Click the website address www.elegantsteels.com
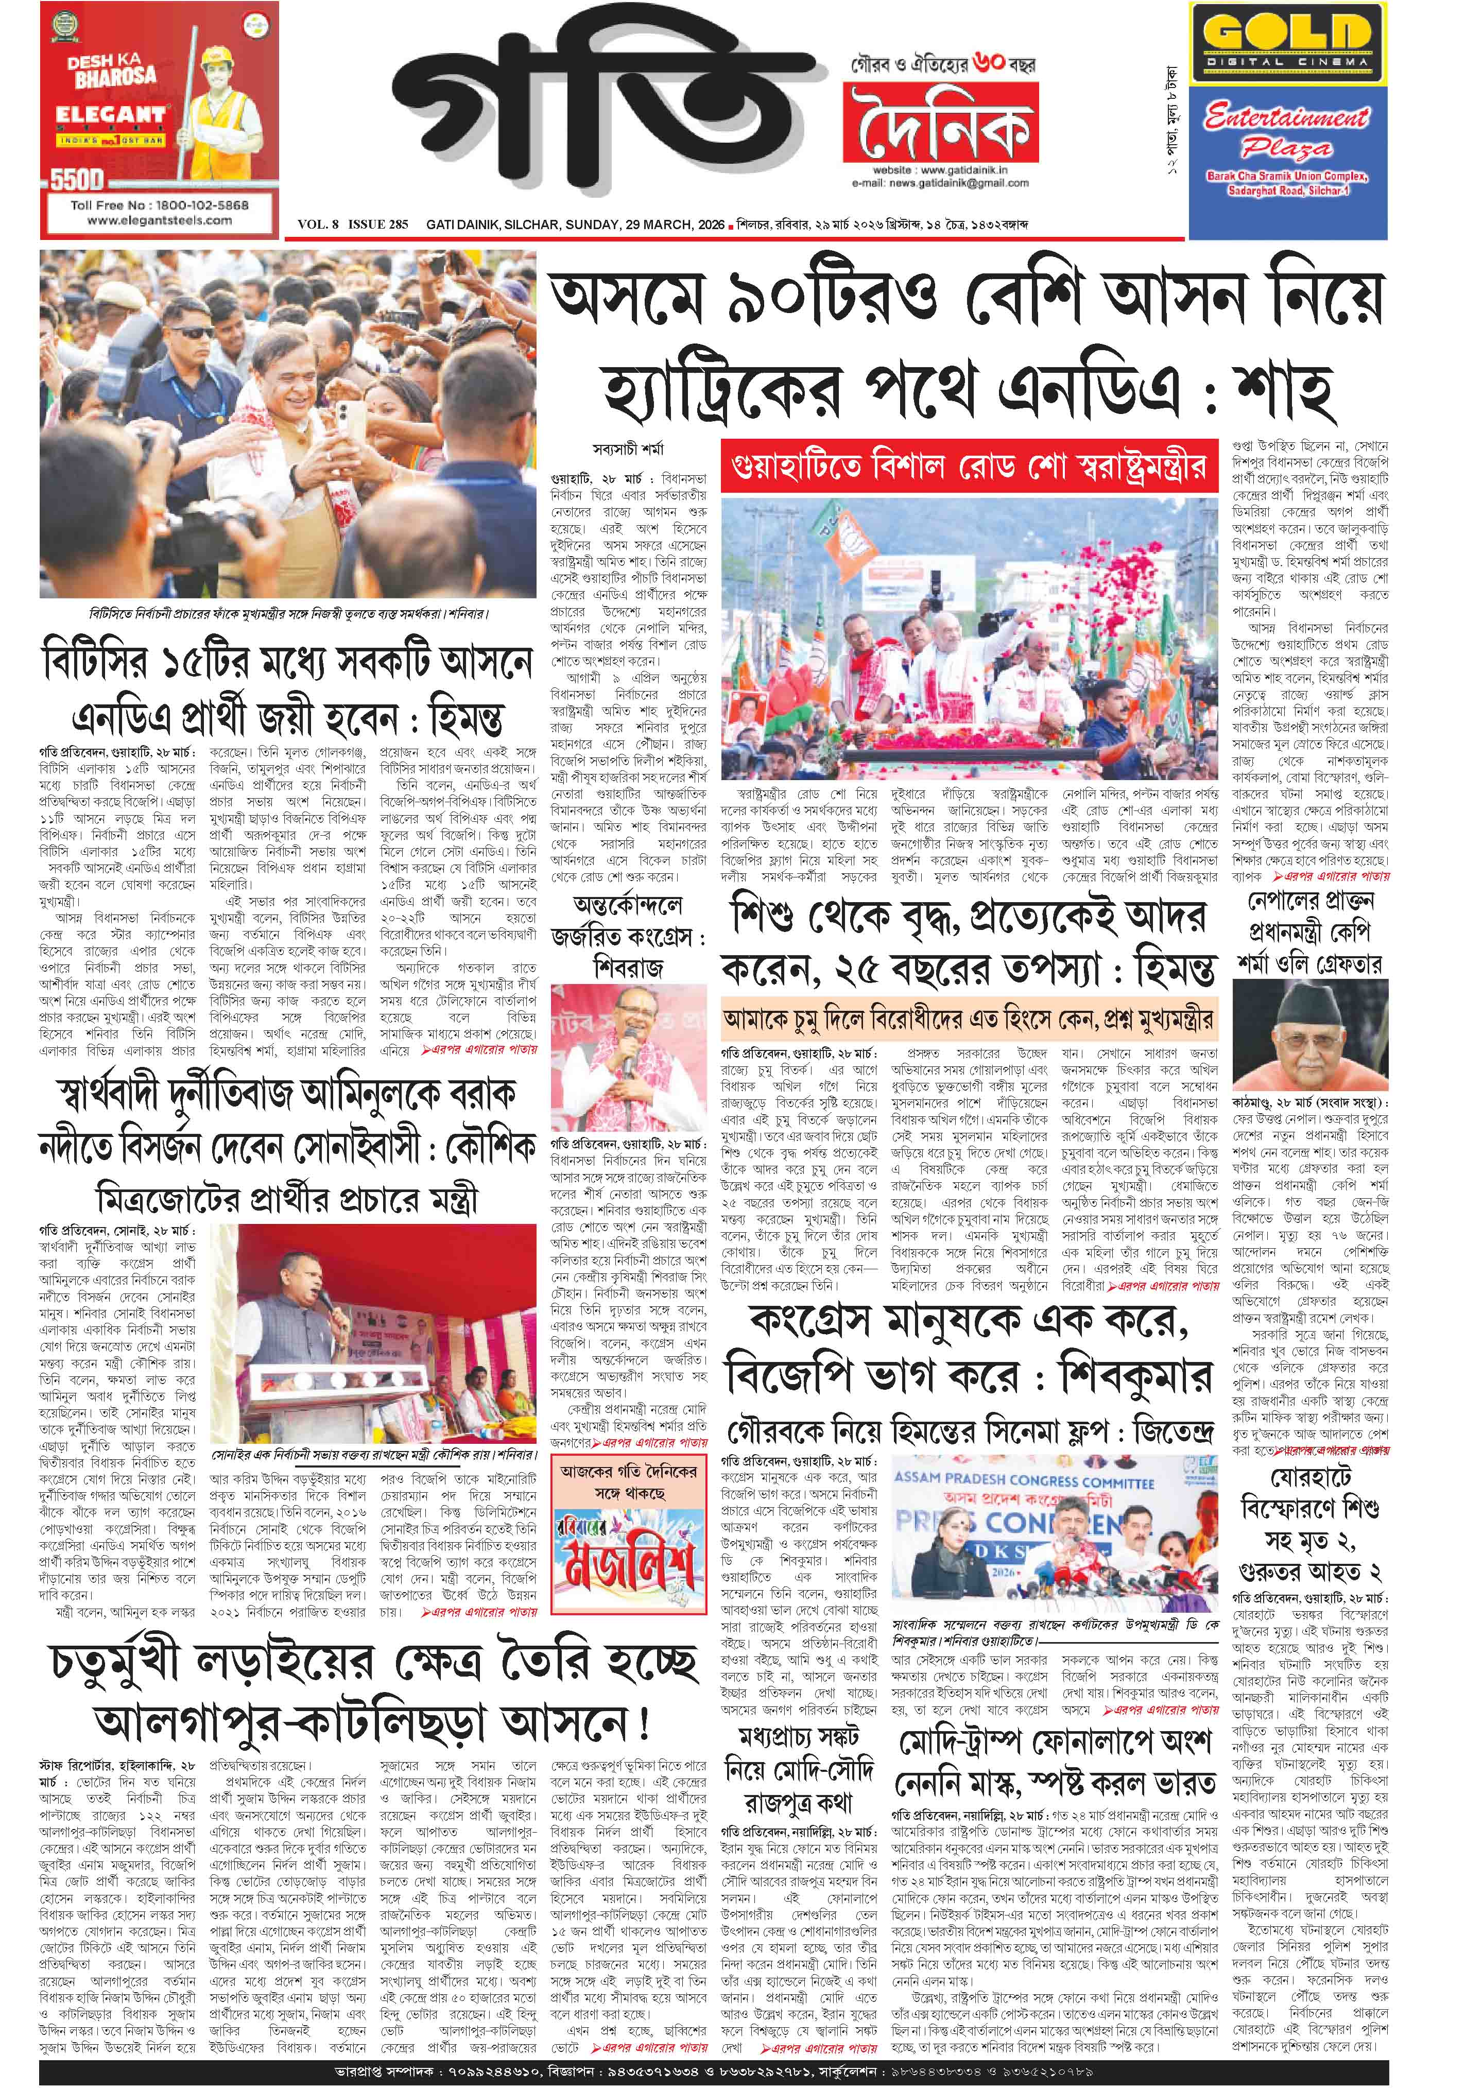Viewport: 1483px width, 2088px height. coord(160,220)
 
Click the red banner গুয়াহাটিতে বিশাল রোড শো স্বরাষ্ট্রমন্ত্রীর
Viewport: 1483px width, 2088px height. coord(968,465)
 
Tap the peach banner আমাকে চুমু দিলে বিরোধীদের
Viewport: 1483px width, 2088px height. coord(968,1020)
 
